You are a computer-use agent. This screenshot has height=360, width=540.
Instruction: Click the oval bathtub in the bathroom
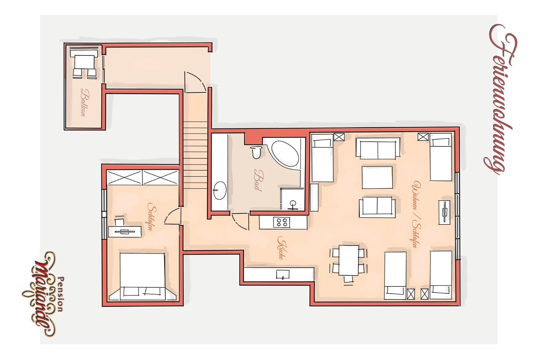click(x=285, y=153)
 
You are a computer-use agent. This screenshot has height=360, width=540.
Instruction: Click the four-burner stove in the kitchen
click(x=281, y=222)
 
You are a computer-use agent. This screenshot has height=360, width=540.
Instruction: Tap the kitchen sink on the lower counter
click(x=283, y=274)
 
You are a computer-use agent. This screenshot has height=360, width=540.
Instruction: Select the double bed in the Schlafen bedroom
click(x=142, y=277)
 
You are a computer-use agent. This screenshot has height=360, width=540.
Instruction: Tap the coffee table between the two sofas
click(x=377, y=177)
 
